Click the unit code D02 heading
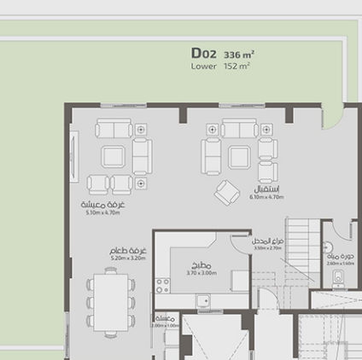(204, 53)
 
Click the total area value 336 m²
(239, 54)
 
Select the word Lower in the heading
(203, 66)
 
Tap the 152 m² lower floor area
(236, 66)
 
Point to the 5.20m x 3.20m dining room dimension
(128, 258)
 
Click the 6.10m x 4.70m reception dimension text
(266, 197)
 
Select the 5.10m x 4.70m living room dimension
(107, 213)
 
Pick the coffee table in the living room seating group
(113, 156)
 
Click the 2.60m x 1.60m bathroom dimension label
(339, 264)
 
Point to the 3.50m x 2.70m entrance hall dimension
(267, 248)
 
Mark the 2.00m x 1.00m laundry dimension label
(165, 325)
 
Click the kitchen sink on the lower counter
(203, 299)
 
